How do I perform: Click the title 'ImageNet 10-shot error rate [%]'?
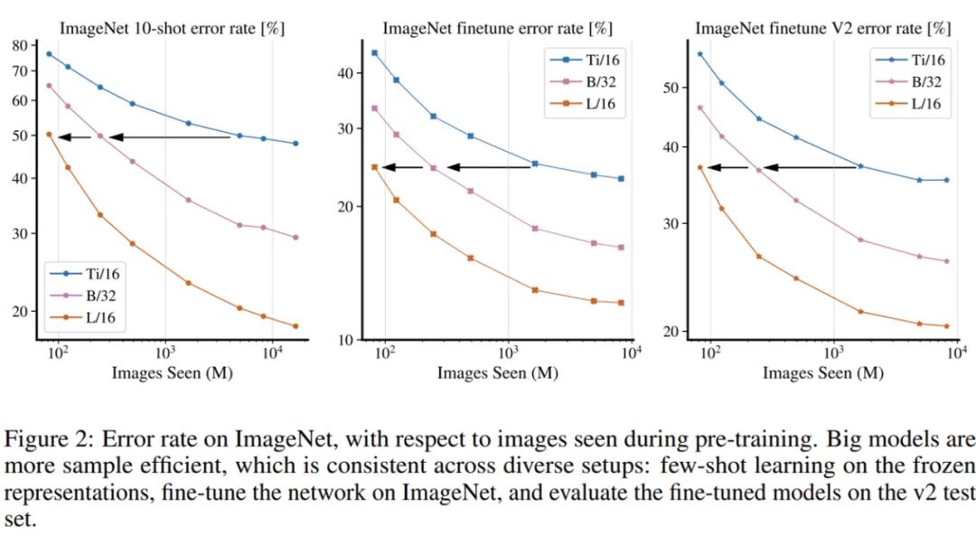tap(172, 27)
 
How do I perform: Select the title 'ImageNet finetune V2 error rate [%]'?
tap(819, 27)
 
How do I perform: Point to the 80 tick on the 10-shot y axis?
tap(19, 44)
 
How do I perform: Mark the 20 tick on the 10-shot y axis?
tap(19, 311)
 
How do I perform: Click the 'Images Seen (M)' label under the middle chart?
tap(498, 372)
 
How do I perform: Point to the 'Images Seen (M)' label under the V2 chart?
tap(821, 372)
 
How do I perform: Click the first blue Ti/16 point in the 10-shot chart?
tap(49, 54)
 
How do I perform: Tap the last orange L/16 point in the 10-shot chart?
tap(296, 326)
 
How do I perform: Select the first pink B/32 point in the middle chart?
tap(374, 108)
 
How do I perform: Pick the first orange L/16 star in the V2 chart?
tap(699, 167)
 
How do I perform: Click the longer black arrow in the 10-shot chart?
tap(170, 136)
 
